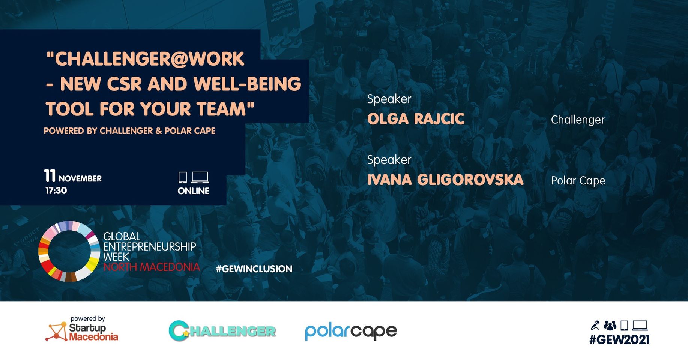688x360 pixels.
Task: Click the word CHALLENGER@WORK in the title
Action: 149,59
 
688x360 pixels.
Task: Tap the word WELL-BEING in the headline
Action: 248,84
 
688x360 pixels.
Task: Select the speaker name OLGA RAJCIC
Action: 416,119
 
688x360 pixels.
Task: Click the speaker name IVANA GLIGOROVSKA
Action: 445,180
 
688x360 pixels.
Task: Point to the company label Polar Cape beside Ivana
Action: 578,181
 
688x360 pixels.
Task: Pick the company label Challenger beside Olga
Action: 578,120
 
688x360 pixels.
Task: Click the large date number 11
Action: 50,176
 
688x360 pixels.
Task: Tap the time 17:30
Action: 56,190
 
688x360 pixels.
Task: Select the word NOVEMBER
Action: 80,179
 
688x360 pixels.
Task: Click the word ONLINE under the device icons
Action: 194,191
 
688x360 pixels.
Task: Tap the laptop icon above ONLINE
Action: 200,177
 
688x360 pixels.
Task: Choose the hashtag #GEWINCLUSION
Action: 254,269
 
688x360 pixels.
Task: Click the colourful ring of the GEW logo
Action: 43,251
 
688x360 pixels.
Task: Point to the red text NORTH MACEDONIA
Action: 152,267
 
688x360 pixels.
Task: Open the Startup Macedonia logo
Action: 82,328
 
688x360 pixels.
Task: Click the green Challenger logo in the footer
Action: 222,331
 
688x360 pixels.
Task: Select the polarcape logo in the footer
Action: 351,331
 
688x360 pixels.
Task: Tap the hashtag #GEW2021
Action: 619,340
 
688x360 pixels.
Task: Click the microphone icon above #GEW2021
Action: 595,325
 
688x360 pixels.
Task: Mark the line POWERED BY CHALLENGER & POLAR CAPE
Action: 129,131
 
